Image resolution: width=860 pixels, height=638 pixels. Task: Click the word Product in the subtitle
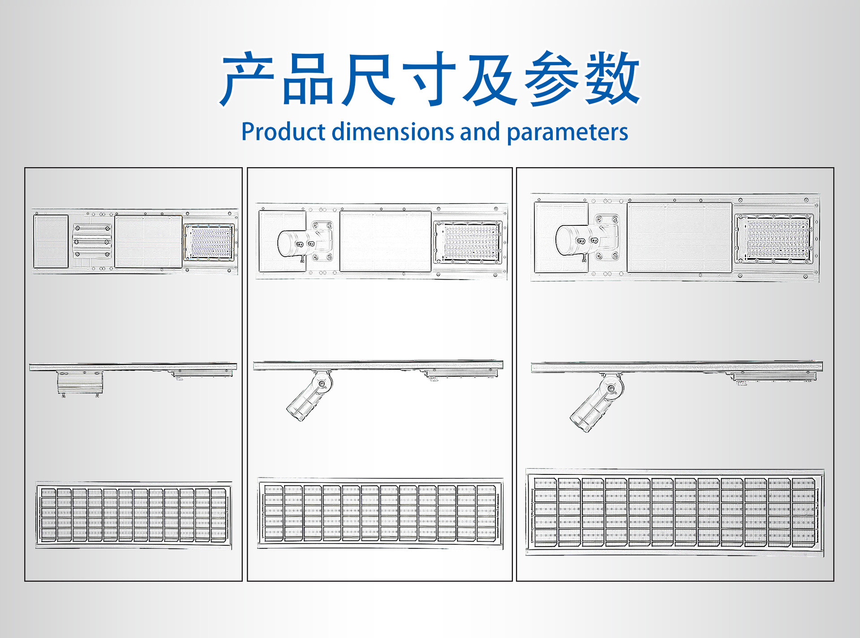pos(283,132)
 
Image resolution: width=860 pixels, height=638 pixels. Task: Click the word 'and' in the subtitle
pos(480,132)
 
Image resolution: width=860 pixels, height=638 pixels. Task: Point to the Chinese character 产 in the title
pos(247,79)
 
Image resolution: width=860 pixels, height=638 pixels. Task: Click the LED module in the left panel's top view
pos(210,242)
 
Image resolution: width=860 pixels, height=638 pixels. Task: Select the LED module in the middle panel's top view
pos(469,242)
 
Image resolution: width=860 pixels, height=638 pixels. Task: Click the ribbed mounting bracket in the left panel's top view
pos(92,241)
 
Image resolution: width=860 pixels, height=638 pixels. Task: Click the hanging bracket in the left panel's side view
pos(80,383)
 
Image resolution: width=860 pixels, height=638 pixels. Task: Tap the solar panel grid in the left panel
pos(133,515)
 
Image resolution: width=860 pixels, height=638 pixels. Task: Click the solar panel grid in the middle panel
pos(380,513)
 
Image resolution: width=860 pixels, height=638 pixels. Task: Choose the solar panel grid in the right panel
pos(675,513)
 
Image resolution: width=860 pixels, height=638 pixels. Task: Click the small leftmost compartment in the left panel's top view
pos(51,241)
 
